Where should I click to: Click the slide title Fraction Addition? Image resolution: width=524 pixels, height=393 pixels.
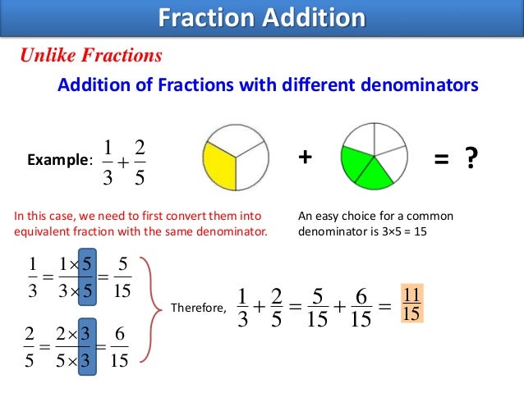point(261,17)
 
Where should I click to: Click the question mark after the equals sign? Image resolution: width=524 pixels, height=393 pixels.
point(471,158)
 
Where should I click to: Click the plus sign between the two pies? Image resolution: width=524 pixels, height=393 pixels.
point(306,158)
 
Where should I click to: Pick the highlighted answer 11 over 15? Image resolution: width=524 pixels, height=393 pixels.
point(411,304)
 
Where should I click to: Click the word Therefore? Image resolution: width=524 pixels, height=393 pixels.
point(196,308)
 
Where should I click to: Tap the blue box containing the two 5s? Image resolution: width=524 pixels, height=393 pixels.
point(87,277)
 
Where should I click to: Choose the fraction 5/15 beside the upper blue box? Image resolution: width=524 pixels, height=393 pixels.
point(123,278)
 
